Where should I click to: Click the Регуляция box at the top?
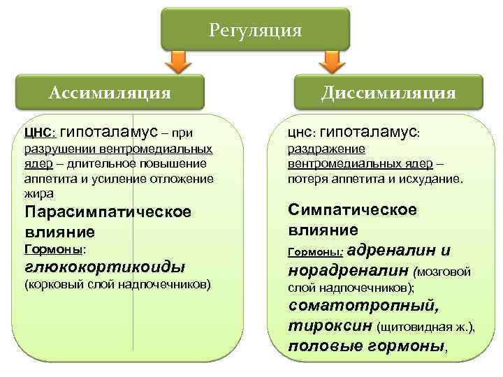coord(255,30)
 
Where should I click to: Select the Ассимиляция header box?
coord(110,92)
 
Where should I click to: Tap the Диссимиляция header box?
coord(388,92)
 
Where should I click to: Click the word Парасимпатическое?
coord(107,212)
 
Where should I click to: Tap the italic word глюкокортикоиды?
coord(105,266)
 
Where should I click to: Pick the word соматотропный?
coord(363,306)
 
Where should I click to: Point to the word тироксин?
coord(329,326)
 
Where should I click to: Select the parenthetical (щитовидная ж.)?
coord(425,327)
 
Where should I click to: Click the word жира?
coord(38,193)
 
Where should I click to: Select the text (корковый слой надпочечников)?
coord(117,284)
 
